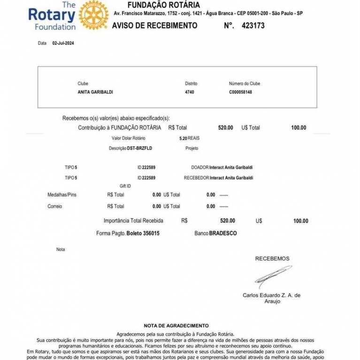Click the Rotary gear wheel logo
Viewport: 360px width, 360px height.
tap(93, 15)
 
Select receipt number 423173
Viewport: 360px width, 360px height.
tap(253, 26)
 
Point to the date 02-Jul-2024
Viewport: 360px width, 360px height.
tap(63, 43)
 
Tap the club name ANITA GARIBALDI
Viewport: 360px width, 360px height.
tap(95, 92)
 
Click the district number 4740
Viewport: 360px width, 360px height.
tap(190, 92)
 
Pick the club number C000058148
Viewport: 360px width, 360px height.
tap(240, 92)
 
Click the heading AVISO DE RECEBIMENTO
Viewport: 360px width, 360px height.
tap(154, 26)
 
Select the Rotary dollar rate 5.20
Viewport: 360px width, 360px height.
tap(183, 139)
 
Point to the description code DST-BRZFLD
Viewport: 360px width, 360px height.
tap(139, 148)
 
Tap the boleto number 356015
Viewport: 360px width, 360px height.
tap(148, 233)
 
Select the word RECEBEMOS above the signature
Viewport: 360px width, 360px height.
tap(272, 258)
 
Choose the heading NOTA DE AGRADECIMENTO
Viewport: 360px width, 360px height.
tap(176, 325)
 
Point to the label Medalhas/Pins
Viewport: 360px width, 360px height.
tap(62, 195)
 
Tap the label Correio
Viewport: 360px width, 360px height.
tap(55, 206)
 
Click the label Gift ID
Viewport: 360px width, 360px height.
tap(125, 186)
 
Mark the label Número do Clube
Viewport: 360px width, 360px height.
tap(245, 83)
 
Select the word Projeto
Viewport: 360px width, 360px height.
tap(192, 148)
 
